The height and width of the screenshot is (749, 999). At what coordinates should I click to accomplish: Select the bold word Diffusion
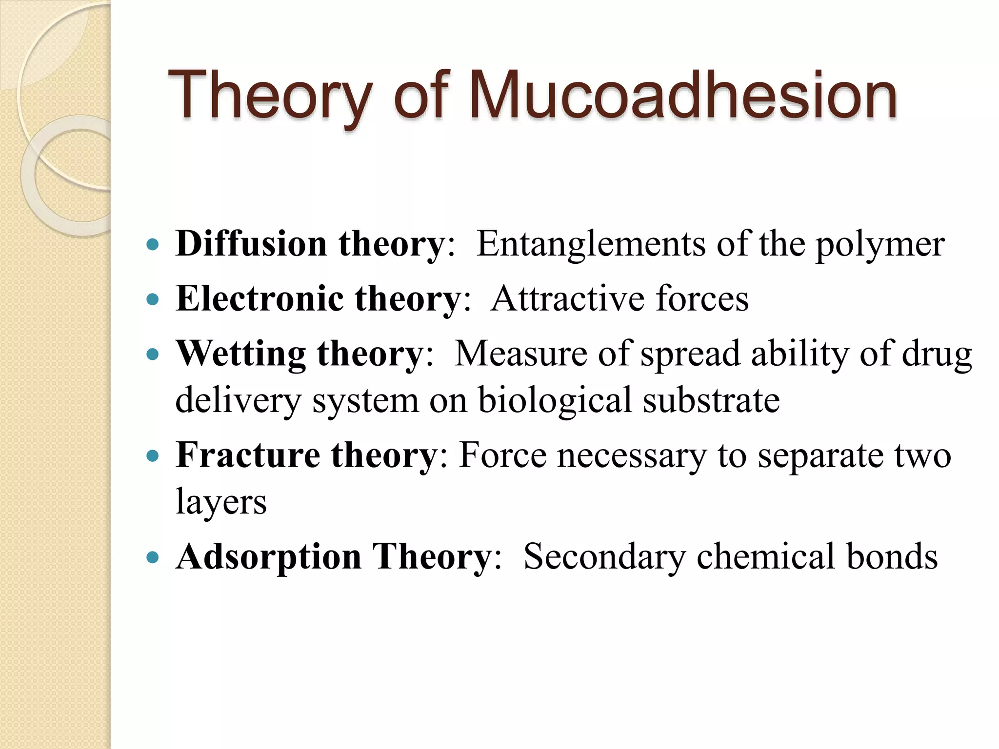tap(251, 243)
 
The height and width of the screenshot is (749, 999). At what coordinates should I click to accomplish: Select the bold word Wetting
tap(240, 353)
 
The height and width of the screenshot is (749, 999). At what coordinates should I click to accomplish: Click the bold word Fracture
tap(248, 454)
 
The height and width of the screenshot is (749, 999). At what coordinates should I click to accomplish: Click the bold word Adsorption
tap(268, 557)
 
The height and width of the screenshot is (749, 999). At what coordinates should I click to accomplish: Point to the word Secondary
tap(604, 557)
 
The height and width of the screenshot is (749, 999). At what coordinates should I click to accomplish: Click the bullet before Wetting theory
tap(153, 354)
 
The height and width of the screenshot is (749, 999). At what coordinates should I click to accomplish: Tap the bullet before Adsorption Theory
tap(153, 557)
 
